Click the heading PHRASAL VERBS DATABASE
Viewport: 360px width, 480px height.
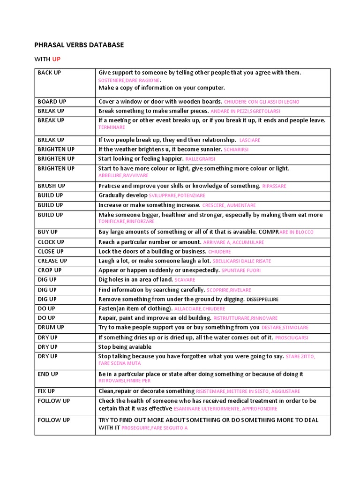[x=79, y=45]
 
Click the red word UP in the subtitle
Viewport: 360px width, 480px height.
[x=56, y=59]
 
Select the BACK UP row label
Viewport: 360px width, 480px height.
[x=49, y=73]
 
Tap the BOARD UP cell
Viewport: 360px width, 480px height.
[x=52, y=102]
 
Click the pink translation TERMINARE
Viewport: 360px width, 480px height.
[x=112, y=127]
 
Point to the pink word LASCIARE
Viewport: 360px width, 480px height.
[x=250, y=140]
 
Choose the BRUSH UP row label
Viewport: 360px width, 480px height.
[x=51, y=186]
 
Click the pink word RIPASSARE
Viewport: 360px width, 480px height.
[x=274, y=187]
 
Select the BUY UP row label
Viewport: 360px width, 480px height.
[x=48, y=232]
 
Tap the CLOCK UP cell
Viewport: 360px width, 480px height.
[x=51, y=242]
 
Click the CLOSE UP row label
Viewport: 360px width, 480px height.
[x=51, y=252]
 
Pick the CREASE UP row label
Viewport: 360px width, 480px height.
[x=52, y=261]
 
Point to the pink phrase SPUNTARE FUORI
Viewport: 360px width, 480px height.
[x=241, y=271]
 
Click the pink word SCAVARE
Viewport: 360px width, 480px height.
[x=185, y=280]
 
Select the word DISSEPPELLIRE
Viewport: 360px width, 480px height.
[x=262, y=300]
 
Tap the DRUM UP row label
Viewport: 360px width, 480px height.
[x=51, y=328]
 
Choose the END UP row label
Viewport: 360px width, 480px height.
[x=48, y=375]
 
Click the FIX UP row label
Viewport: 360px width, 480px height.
[x=46, y=391]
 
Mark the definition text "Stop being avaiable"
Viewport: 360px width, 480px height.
[x=125, y=347]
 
